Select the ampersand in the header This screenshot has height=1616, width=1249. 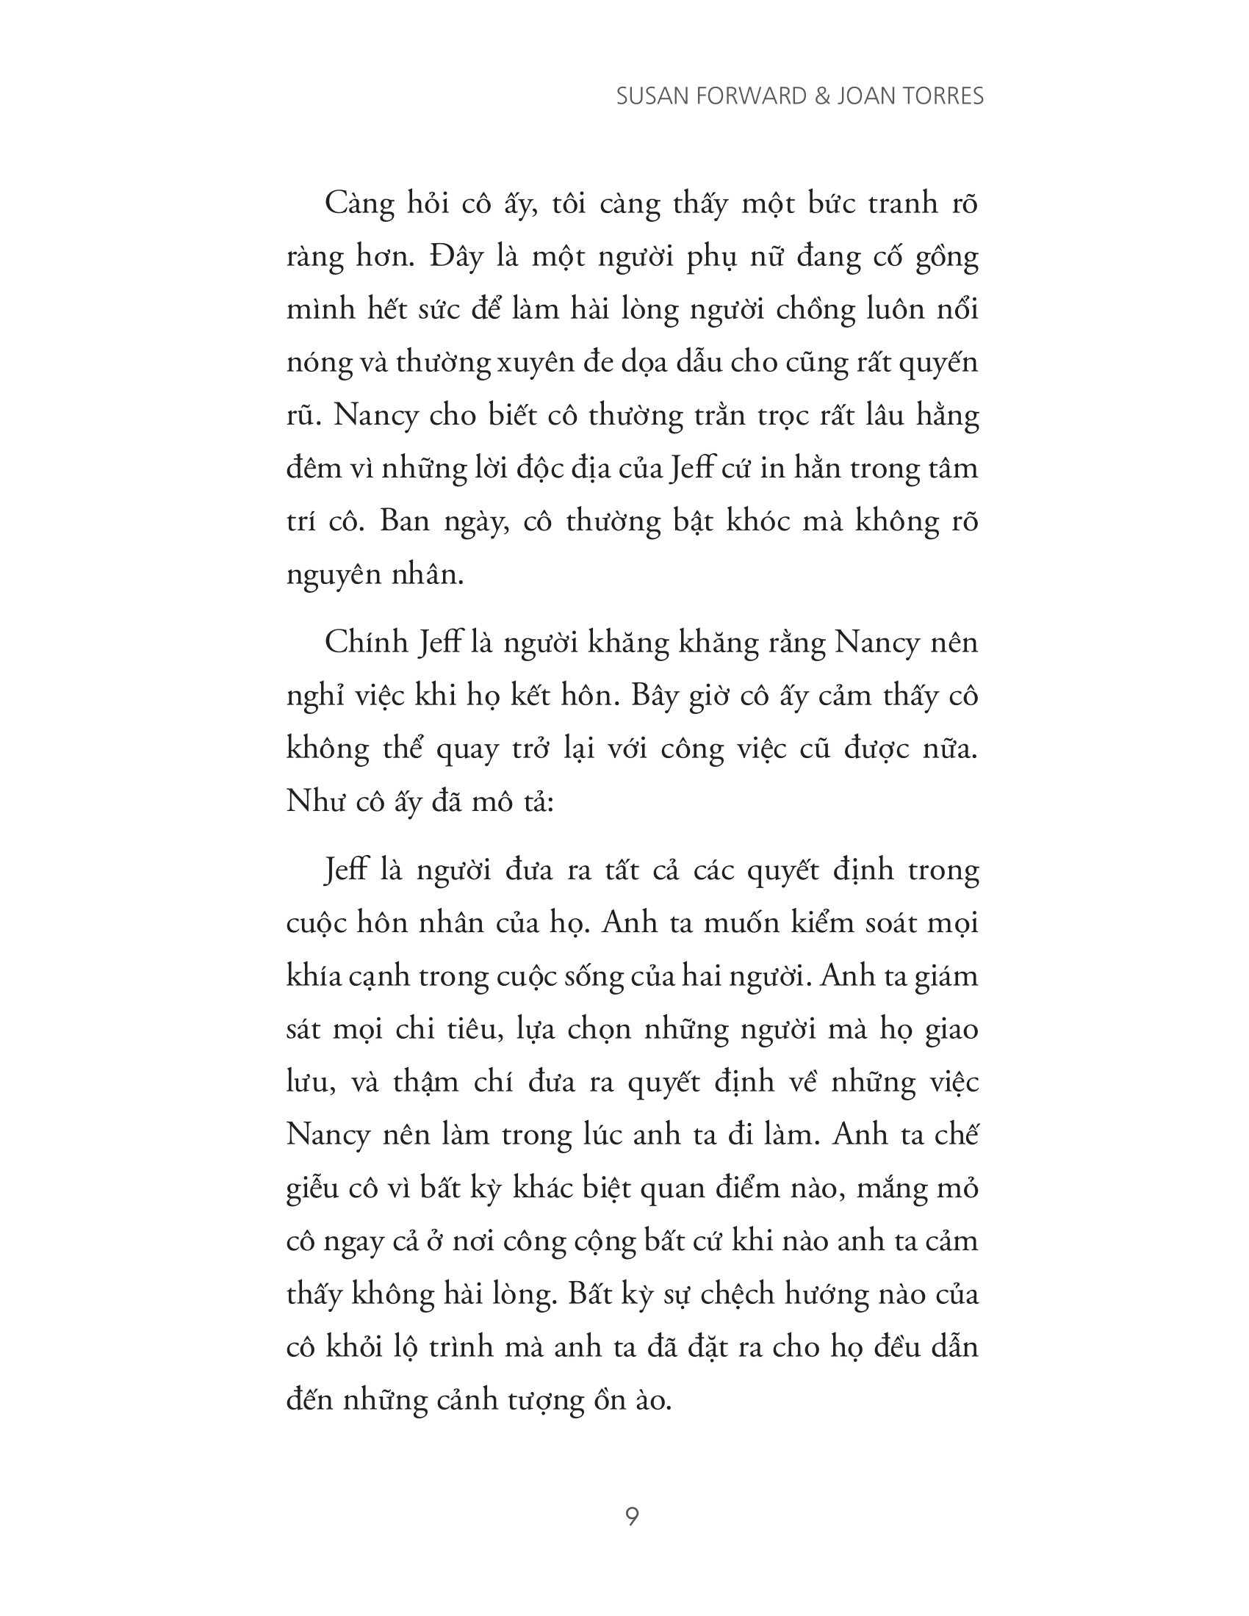821,96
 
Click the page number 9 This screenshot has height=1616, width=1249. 632,1516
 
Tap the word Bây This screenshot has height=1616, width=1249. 655,696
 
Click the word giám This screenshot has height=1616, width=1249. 946,977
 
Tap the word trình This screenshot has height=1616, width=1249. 462,1347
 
